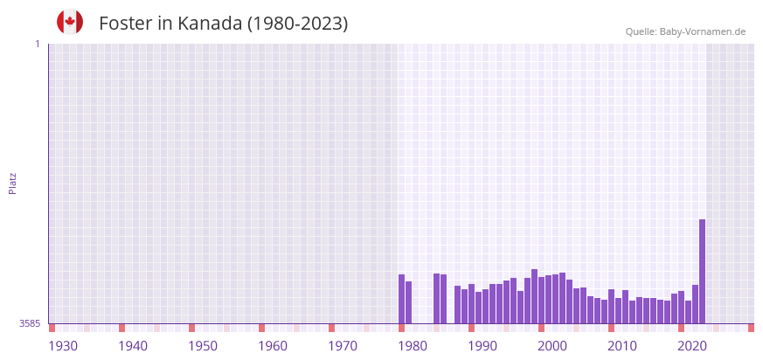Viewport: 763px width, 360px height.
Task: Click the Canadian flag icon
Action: [70, 22]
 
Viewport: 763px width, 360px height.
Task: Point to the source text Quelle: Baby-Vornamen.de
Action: [685, 31]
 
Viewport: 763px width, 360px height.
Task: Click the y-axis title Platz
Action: [12, 183]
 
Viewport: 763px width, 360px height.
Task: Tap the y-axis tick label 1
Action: [37, 44]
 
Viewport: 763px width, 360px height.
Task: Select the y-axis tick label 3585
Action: [30, 323]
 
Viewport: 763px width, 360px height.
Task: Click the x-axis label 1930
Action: [63, 346]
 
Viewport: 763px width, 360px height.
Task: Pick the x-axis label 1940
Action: [133, 346]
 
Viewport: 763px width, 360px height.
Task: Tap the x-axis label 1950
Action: [203, 346]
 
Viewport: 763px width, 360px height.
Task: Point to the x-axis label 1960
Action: [273, 346]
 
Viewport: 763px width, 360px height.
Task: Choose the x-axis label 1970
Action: [343, 346]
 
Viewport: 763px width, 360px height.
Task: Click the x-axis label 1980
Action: [413, 346]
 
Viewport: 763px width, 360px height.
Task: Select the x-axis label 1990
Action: [482, 346]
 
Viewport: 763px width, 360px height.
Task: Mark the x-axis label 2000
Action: [552, 346]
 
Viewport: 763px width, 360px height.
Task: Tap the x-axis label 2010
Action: [622, 346]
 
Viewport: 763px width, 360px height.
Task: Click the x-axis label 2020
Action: [692, 346]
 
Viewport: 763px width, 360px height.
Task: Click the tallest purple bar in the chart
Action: [702, 271]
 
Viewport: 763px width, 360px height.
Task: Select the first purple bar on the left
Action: [402, 299]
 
